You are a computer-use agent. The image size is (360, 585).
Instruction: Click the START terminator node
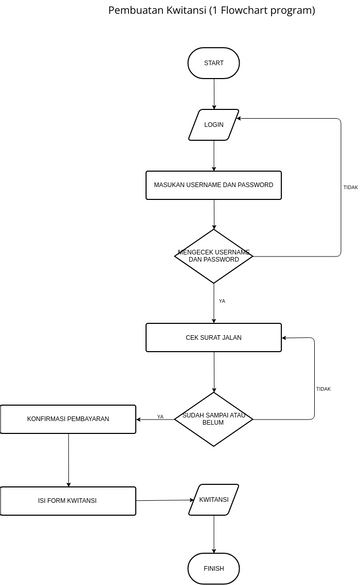[x=214, y=63]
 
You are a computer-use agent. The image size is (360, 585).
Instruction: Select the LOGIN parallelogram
[x=214, y=125]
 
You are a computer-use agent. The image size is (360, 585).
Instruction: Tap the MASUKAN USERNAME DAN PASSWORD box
[x=214, y=186]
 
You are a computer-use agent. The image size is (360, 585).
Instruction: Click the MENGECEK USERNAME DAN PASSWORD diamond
[x=214, y=256]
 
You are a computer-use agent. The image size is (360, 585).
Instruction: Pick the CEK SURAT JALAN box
[x=214, y=338]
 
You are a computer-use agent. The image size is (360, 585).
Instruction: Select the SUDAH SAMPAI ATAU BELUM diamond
[x=214, y=418]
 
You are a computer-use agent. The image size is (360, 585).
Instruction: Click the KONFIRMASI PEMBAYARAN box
[x=68, y=419]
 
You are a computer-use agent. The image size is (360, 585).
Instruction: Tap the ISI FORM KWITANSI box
[x=68, y=500]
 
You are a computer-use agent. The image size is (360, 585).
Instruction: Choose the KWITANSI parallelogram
[x=214, y=499]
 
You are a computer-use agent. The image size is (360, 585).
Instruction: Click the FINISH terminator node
[x=214, y=568]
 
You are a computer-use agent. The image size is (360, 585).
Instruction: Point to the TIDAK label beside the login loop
[x=350, y=187]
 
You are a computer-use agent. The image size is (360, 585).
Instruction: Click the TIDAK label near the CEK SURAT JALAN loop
[x=323, y=389]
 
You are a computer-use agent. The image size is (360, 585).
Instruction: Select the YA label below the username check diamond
[x=222, y=300]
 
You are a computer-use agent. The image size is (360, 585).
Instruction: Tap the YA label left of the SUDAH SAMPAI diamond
[x=160, y=416]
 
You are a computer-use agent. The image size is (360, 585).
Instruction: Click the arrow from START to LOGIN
[x=214, y=93]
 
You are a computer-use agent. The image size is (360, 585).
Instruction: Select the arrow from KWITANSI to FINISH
[x=214, y=533]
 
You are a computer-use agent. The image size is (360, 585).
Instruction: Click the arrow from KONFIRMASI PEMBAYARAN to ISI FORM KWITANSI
[x=68, y=460]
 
